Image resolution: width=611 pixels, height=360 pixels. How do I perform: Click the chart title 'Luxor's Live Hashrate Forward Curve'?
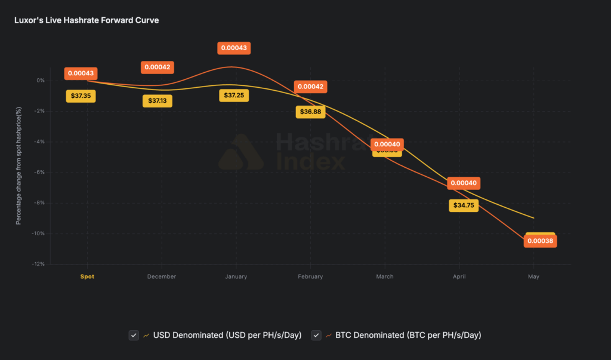[87, 20]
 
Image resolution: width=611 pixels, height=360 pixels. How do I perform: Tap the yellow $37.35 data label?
[81, 96]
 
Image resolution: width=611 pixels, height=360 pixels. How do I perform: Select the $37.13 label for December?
[158, 100]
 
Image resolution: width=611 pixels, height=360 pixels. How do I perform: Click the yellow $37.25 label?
[234, 96]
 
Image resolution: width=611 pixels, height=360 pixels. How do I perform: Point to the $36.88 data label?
[311, 112]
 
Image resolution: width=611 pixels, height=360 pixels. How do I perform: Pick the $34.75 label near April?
[464, 205]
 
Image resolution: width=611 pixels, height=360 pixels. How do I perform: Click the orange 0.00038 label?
[540, 241]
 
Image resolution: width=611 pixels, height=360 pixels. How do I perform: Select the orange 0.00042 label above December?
[158, 67]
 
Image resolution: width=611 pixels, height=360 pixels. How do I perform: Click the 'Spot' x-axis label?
[87, 276]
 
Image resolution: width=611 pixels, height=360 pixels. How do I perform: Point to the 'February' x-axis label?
[310, 276]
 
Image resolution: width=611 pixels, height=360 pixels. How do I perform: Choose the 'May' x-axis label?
[533, 276]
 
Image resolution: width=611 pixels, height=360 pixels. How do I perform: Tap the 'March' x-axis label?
[385, 276]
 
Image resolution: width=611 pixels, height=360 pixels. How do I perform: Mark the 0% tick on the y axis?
[40, 80]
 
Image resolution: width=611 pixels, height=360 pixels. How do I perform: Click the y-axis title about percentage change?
[18, 165]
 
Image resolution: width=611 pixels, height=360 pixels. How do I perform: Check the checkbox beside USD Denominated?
[134, 335]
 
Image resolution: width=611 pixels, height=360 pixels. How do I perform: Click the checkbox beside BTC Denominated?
[316, 335]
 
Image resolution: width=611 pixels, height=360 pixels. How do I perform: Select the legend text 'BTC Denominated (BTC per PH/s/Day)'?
[409, 335]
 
